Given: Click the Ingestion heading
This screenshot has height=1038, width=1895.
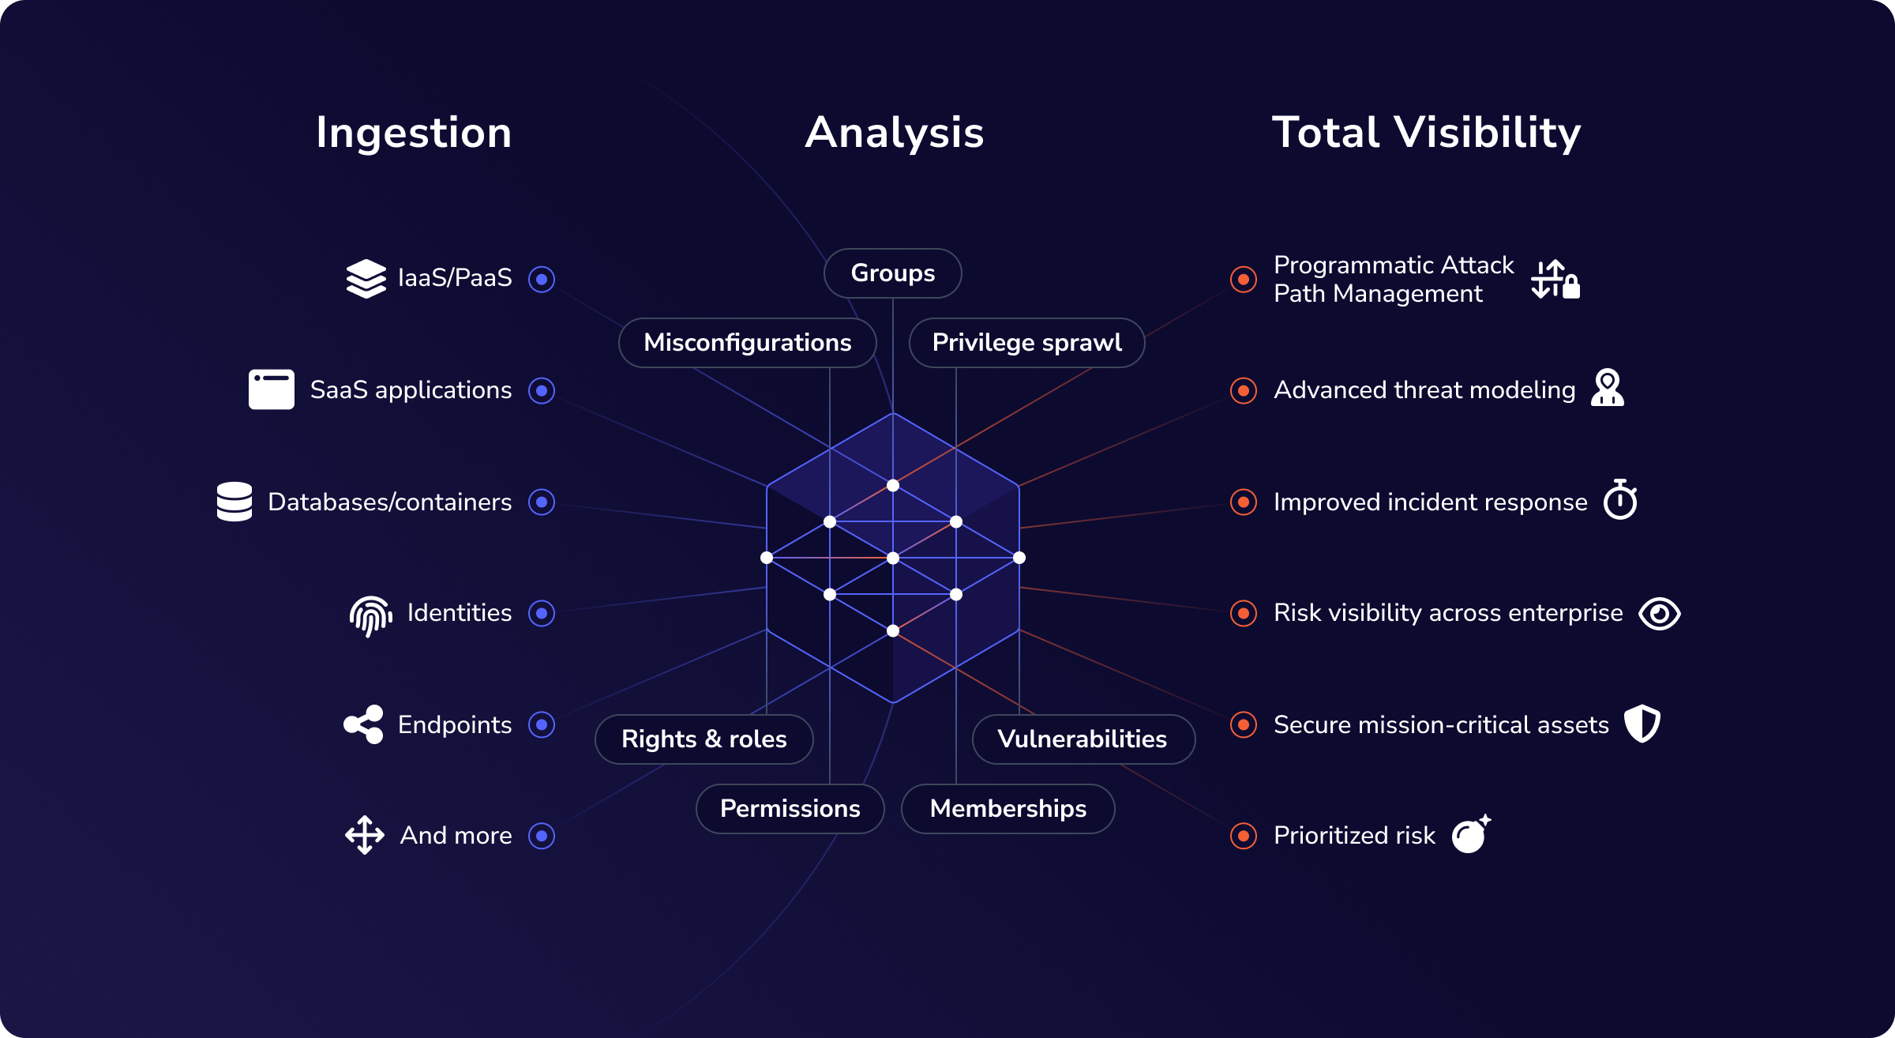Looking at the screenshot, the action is coord(414,133).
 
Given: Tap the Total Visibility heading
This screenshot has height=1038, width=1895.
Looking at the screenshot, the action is coord(1426,132).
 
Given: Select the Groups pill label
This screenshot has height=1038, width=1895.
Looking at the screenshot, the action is coord(893,273).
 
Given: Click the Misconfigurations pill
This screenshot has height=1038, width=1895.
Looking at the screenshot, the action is coord(747,343).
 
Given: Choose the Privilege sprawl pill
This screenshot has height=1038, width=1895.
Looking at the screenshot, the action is coord(1026,343).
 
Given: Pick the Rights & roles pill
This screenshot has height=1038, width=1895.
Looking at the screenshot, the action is coord(704,739).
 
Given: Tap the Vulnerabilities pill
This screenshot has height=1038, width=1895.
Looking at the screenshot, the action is coord(1083,739).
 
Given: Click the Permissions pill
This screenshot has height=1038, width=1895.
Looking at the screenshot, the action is coord(790,809).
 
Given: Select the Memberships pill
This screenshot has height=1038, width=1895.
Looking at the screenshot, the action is coord(1008,809).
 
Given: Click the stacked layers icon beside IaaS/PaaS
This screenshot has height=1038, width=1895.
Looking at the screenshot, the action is coord(366,279).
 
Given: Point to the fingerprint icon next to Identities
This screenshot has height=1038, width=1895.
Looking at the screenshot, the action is coord(371,615).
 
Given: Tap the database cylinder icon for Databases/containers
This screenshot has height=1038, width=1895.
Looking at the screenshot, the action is coord(235,502).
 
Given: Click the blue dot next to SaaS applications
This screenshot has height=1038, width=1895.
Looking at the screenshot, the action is coord(542,390).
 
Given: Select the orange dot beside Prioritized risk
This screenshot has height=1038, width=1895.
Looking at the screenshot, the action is coord(1244,836).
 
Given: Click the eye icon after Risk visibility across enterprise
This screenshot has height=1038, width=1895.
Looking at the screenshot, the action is coord(1659,614).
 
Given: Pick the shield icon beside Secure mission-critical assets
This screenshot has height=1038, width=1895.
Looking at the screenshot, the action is coord(1642,724).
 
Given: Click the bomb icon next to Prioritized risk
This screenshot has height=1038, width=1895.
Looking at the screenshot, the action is coord(1471,834).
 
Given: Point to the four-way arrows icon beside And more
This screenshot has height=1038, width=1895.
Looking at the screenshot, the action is coord(365,835).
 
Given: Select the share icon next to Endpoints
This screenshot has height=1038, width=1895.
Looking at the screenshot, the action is coord(364,724).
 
